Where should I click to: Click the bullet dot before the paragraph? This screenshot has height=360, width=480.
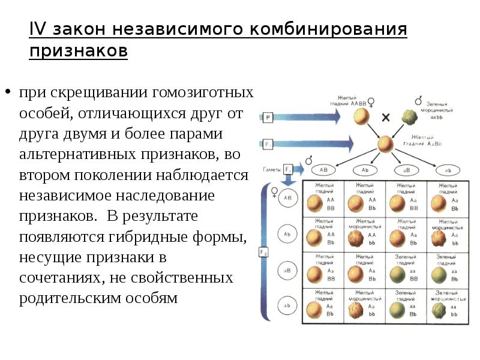tap(8, 93)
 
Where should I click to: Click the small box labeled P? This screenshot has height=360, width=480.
tap(268, 118)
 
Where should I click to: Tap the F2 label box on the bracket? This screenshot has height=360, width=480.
tap(263, 253)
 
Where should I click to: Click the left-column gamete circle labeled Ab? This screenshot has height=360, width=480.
tap(287, 234)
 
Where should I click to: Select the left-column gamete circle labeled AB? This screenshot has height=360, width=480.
tap(287, 197)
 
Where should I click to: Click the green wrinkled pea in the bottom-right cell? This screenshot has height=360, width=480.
tap(437, 310)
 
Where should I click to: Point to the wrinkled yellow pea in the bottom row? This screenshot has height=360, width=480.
tap(356, 311)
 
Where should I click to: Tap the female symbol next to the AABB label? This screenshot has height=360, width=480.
tap(370, 102)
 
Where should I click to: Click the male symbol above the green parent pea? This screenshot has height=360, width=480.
tap(418, 101)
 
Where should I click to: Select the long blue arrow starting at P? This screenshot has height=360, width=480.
tap(312, 118)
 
